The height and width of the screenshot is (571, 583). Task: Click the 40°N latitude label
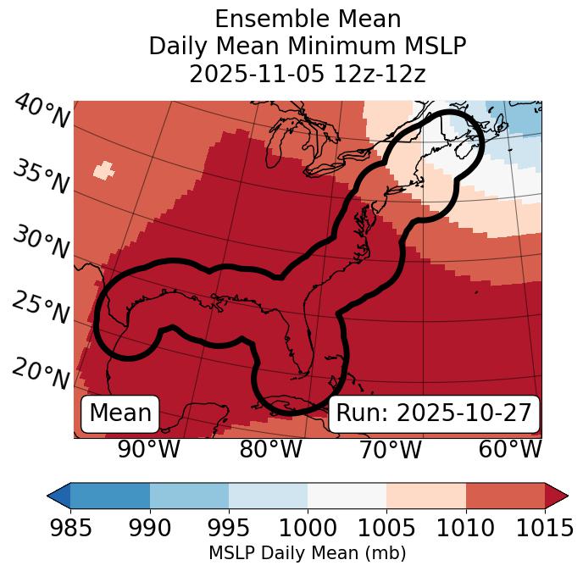tap(41, 112)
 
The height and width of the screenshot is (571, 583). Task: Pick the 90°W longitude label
tap(148, 449)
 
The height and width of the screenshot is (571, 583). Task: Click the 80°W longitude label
tap(270, 449)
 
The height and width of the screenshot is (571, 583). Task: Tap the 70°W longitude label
tap(390, 449)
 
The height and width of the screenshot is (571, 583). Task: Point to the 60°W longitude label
tap(510, 449)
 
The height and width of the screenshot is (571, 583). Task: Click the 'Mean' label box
tap(120, 413)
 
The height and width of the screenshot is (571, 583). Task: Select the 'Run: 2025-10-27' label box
tap(434, 413)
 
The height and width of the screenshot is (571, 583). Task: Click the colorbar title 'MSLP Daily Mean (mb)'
tap(307, 553)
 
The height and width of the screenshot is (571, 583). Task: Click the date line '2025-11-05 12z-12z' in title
tap(307, 74)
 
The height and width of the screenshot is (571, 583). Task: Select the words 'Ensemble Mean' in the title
tap(307, 19)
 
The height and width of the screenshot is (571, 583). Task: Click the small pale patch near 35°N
tap(103, 169)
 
